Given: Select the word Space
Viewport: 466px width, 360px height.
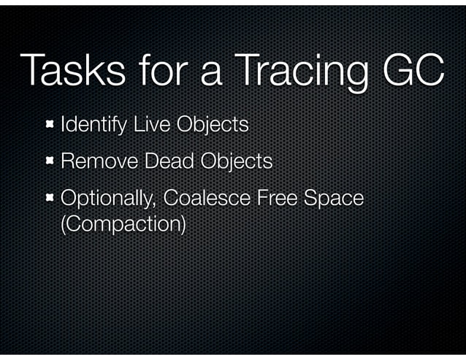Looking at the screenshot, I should coord(337,197).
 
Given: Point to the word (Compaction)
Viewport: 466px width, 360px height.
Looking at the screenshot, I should coord(121,223).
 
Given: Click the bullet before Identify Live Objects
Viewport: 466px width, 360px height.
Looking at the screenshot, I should coord(50,125).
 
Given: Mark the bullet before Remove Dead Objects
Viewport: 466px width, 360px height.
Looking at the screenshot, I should coord(50,161).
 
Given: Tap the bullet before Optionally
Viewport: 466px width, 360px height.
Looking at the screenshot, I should coord(50,197).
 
